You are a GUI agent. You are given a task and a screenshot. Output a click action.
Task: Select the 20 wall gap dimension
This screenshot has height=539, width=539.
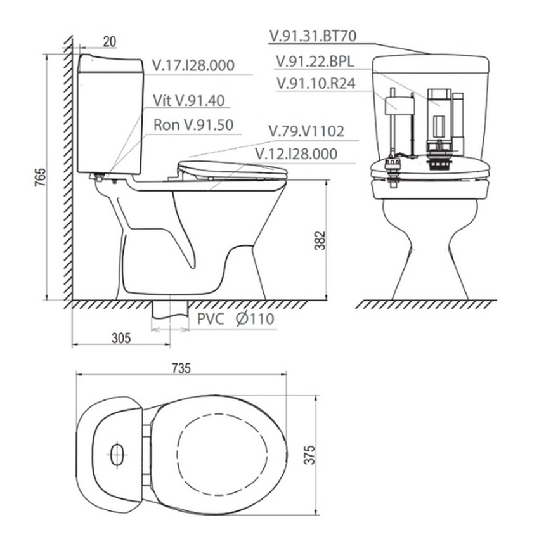[x=110, y=42]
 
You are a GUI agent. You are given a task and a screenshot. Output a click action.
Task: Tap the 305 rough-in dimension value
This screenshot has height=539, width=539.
[x=121, y=338]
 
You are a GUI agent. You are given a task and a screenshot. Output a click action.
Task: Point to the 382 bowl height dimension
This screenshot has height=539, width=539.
[x=320, y=240]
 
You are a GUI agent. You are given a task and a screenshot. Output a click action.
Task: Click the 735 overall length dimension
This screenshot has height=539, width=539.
[x=181, y=368]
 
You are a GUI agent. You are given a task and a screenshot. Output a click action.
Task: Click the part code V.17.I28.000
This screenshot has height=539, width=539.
[x=193, y=65]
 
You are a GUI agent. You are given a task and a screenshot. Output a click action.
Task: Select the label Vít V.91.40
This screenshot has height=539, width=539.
[x=189, y=100]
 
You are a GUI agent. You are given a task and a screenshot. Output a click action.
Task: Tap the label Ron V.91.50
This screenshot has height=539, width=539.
[x=193, y=125]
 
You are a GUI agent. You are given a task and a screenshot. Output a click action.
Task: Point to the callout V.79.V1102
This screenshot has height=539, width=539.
[x=306, y=131]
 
